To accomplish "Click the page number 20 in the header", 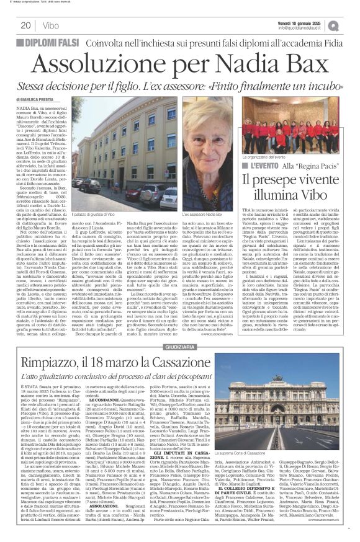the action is (x=25, y=25).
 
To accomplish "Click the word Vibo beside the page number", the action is (x=50, y=25).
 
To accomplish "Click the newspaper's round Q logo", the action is (x=351, y=25).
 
